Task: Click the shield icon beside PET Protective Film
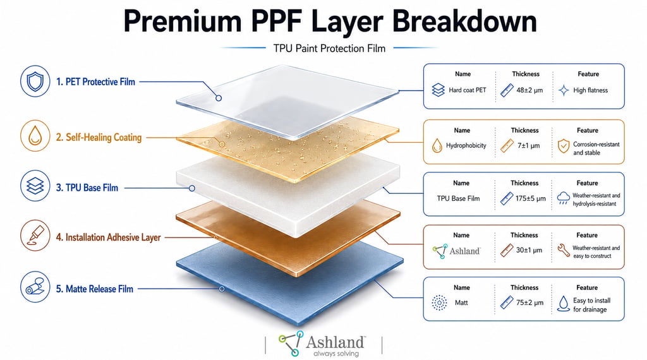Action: pyautogui.click(x=35, y=81)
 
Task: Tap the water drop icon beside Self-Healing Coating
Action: pyautogui.click(x=35, y=136)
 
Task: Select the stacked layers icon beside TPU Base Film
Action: pyautogui.click(x=35, y=186)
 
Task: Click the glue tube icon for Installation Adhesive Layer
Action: pyautogui.click(x=35, y=236)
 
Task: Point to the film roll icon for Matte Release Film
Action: pyautogui.click(x=35, y=287)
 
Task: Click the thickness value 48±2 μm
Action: pyautogui.click(x=529, y=90)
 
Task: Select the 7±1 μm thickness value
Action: pyautogui.click(x=529, y=145)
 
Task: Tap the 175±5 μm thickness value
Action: pyautogui.click(x=530, y=198)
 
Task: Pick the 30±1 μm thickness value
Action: pyautogui.click(x=529, y=250)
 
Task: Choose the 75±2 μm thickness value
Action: pyautogui.click(x=529, y=303)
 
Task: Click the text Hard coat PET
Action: pyautogui.click(x=468, y=90)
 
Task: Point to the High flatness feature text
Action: pyautogui.click(x=591, y=90)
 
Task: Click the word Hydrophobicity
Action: pyautogui.click(x=466, y=145)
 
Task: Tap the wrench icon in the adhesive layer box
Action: pyautogui.click(x=563, y=250)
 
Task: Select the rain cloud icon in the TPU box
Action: pyautogui.click(x=563, y=198)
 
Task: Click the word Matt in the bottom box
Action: pyautogui.click(x=461, y=303)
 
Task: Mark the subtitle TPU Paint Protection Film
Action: pyautogui.click(x=329, y=48)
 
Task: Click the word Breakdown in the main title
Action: pyautogui.click(x=464, y=21)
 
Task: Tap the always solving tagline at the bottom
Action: pyautogui.click(x=336, y=354)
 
